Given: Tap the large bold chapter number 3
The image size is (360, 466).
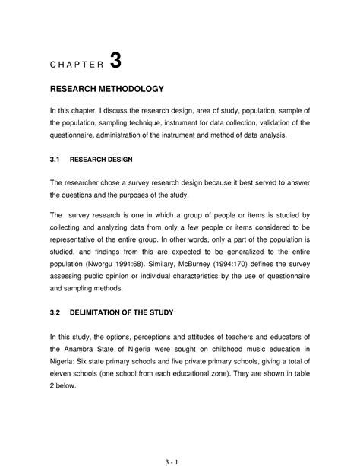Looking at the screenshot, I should click(115, 62).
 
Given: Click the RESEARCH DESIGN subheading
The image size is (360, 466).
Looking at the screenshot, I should click(101, 160).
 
